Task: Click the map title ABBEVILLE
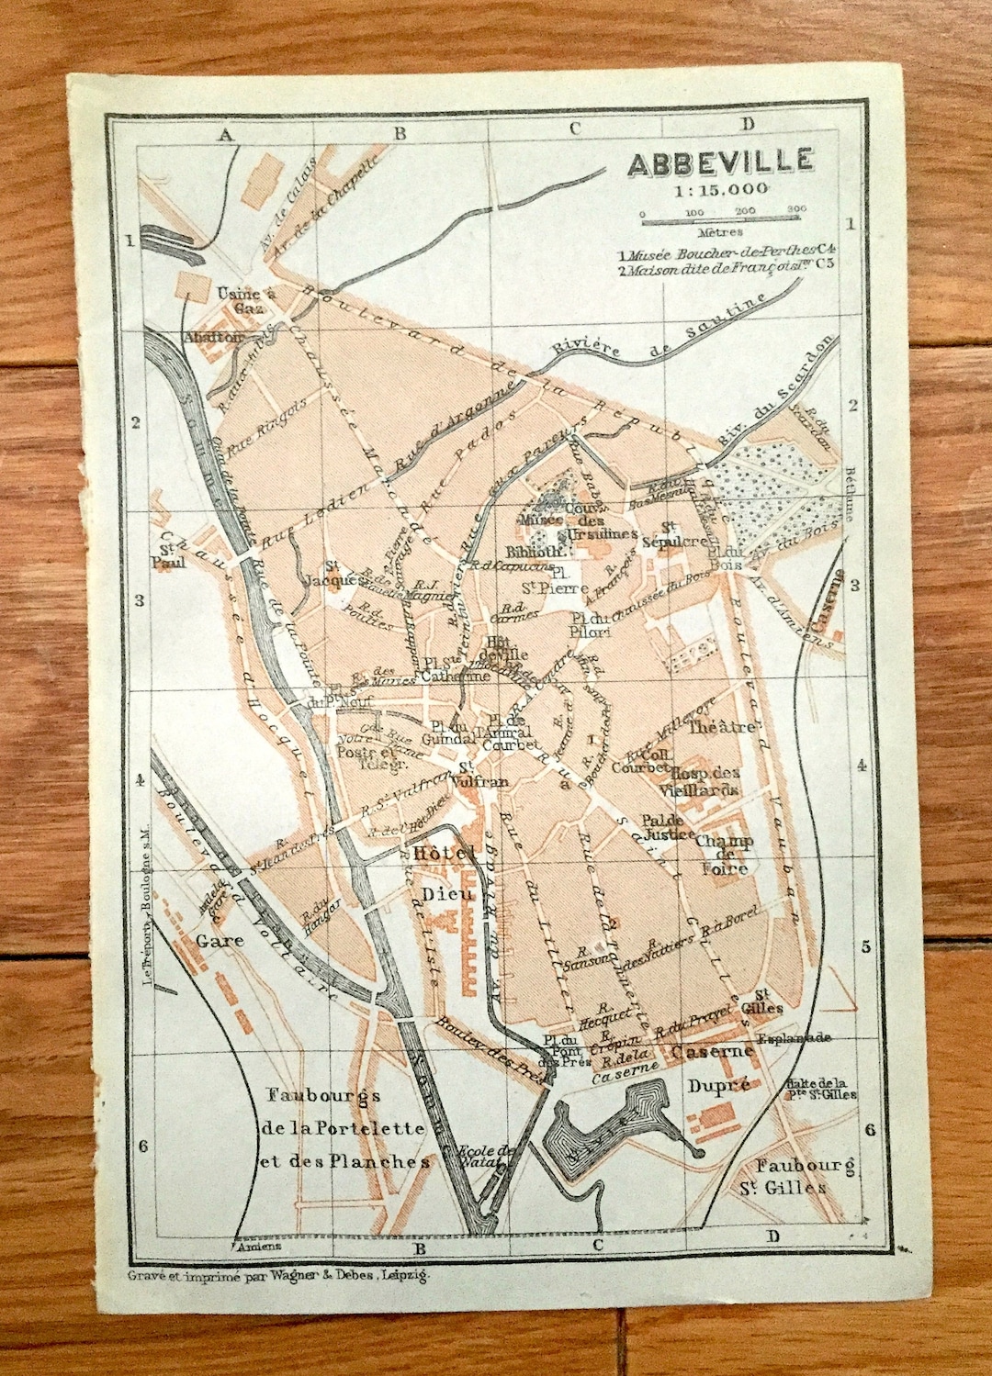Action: pyautogui.click(x=720, y=163)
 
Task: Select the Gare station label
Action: pyautogui.click(x=220, y=940)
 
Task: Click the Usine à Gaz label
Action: pyautogui.click(x=245, y=300)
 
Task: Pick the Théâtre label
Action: pyautogui.click(x=723, y=727)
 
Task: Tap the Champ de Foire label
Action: pyautogui.click(x=724, y=854)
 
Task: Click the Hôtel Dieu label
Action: pyautogui.click(x=446, y=872)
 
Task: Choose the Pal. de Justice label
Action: pyautogui.click(x=667, y=827)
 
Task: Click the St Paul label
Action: pyautogui.click(x=171, y=555)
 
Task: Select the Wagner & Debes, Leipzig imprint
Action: pyautogui.click(x=278, y=1274)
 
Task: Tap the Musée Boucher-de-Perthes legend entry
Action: pyautogui.click(x=726, y=251)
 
